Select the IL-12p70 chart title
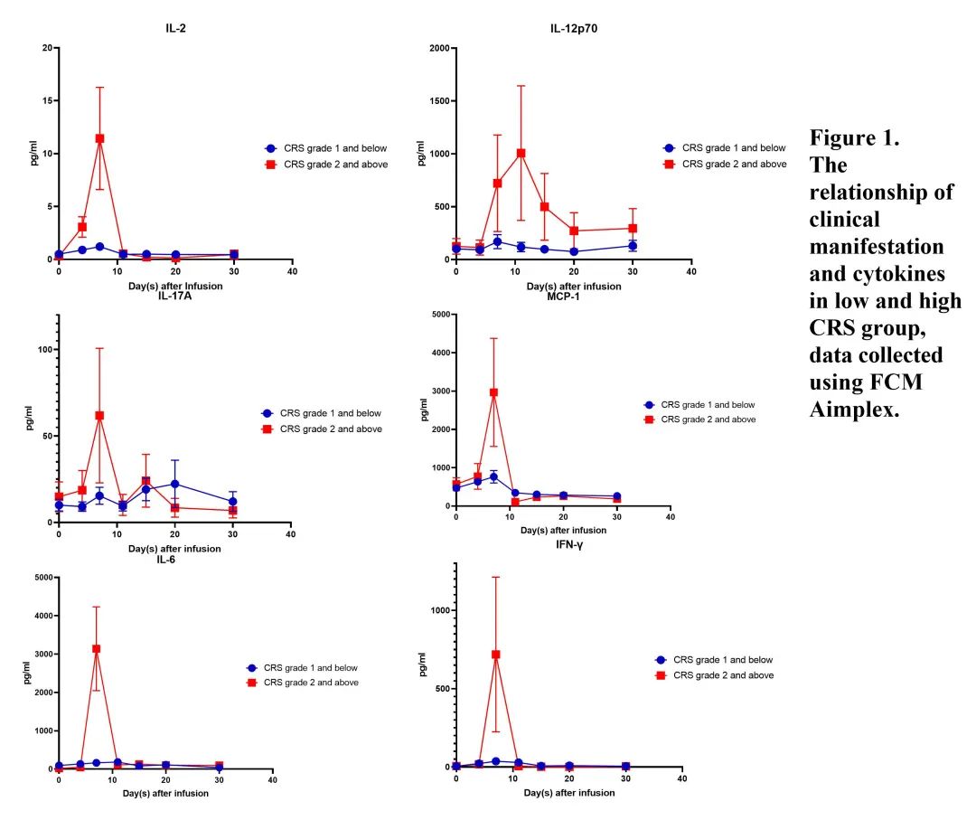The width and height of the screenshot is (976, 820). [x=574, y=29]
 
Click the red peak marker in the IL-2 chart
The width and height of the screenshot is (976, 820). [x=99, y=138]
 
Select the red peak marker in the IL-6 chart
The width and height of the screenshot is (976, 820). [x=96, y=648]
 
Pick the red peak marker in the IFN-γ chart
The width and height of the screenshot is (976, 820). [x=495, y=654]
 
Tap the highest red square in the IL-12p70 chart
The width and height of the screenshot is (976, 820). [x=521, y=153]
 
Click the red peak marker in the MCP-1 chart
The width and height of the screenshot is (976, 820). [x=493, y=392]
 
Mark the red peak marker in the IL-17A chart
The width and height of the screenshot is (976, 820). [x=99, y=415]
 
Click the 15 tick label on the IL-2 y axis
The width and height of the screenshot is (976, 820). [x=44, y=100]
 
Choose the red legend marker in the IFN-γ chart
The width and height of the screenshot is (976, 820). [x=661, y=675]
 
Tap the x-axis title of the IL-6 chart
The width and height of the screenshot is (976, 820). [x=165, y=793]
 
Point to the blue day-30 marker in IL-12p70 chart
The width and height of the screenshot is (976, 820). [x=633, y=245]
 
